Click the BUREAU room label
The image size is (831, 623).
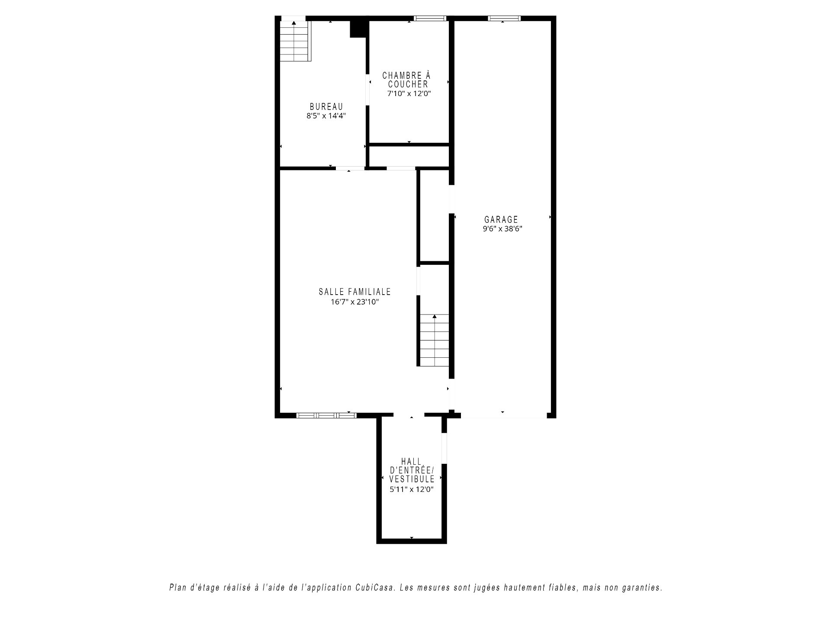pos(326,107)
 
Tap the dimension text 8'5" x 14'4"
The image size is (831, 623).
pos(326,116)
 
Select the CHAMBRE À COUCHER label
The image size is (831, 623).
pos(407,80)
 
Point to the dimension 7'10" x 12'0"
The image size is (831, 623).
pos(409,93)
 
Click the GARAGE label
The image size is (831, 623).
pos(501,220)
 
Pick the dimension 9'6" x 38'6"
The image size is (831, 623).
pos(502,229)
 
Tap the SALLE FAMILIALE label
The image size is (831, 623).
pos(355,292)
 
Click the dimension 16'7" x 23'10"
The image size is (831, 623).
pos(355,302)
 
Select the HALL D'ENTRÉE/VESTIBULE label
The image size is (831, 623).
pos(412,470)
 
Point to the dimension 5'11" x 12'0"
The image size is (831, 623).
pos(412,489)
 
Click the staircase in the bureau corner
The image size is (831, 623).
pos(294,41)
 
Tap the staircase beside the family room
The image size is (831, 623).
pos(435,340)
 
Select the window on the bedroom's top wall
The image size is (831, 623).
pos(430,18)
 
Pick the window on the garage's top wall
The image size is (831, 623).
pos(504,18)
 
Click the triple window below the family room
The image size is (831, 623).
pos(326,415)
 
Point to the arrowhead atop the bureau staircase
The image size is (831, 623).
pos(294,23)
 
